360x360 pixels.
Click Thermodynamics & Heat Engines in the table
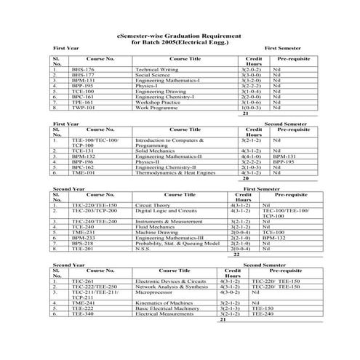169,172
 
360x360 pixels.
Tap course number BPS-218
84,243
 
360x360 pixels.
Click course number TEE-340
82,313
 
